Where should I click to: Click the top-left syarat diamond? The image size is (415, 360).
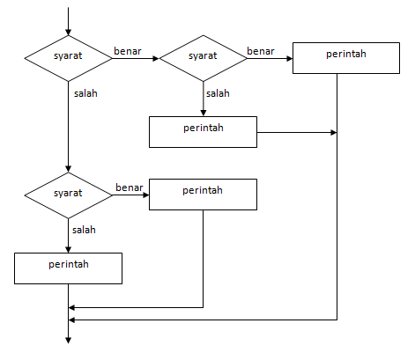[x=68, y=57]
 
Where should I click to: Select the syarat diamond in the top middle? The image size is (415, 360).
[x=203, y=57]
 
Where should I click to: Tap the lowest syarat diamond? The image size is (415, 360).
[x=68, y=193]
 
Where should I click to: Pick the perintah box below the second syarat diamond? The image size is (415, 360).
[x=203, y=131]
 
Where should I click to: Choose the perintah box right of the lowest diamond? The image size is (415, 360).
[x=203, y=194]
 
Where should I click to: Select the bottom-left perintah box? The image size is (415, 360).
[x=68, y=267]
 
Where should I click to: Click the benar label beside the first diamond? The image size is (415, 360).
[x=127, y=51]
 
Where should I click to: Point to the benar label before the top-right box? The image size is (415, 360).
[x=260, y=51]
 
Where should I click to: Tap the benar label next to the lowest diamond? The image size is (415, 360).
[x=129, y=187]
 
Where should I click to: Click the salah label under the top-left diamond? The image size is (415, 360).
[x=85, y=93]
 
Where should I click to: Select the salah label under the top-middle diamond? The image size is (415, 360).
[x=218, y=93]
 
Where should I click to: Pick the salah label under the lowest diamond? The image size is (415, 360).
[x=84, y=229]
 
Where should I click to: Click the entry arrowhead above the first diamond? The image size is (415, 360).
[x=68, y=30]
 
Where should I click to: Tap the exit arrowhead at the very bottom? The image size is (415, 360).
[x=68, y=338]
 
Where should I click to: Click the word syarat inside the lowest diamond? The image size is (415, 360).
[x=68, y=193]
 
